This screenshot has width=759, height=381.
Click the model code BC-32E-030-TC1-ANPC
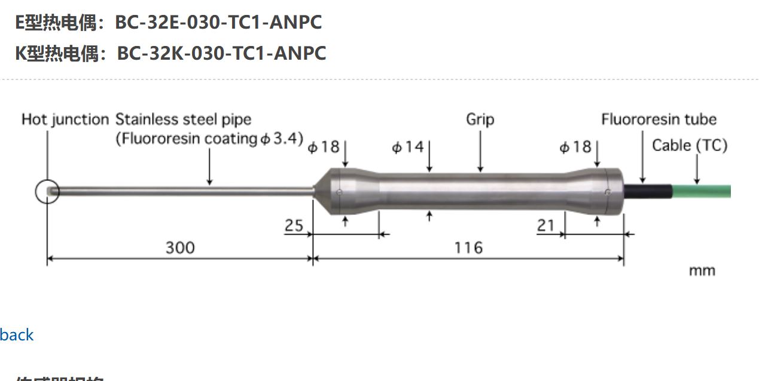click(218, 23)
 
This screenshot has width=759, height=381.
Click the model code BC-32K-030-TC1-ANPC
click(221, 53)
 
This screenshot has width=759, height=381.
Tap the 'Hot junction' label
click(65, 119)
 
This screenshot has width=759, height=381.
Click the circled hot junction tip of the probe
click(47, 192)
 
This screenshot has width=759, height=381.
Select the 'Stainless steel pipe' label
click(184, 119)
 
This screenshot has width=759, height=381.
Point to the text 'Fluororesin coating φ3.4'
click(209, 139)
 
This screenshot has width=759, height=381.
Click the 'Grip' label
click(480, 119)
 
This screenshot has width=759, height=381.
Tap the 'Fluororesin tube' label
click(659, 119)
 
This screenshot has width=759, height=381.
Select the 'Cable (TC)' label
click(689, 145)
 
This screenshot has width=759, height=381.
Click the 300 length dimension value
click(180, 247)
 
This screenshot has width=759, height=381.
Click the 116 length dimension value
click(468, 247)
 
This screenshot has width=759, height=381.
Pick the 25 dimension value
click(294, 226)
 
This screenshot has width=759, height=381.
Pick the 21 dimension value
click(545, 226)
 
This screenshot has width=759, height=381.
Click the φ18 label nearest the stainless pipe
click(324, 147)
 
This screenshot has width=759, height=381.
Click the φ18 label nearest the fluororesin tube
click(575, 147)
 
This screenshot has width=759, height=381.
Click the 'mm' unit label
click(702, 271)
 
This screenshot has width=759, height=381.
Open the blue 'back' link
click(17, 335)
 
